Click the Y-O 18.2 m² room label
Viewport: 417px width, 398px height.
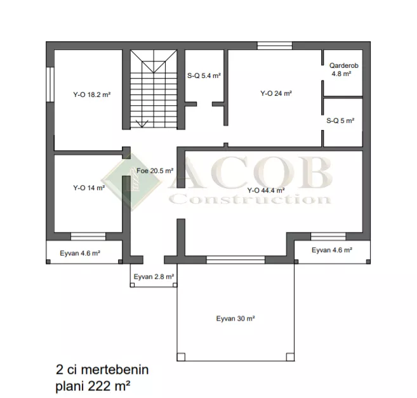coord(92,94)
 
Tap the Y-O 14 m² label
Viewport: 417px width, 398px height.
coord(89,188)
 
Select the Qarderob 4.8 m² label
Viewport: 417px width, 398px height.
coord(343,69)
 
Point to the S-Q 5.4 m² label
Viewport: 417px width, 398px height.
coord(204,75)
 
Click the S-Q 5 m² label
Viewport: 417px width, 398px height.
coord(340,120)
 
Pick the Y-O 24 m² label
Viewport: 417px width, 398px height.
coord(276,93)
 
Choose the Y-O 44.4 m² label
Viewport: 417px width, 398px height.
coord(266,190)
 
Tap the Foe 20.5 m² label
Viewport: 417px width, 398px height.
coord(155,170)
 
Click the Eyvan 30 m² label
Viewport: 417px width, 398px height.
coord(235,318)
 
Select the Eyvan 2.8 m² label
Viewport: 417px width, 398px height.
coord(154,277)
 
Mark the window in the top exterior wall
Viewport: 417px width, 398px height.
coord(275,46)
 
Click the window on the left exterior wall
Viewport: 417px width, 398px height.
coord(50,84)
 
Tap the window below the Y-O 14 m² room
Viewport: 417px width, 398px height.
coord(88,236)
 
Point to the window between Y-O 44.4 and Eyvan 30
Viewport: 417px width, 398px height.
coord(235,260)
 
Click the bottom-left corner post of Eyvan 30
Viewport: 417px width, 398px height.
coord(181,357)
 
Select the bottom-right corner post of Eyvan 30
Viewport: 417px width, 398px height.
coord(290,357)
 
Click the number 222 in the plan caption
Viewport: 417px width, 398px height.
coord(98,387)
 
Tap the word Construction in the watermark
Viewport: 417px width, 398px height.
coord(250,199)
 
